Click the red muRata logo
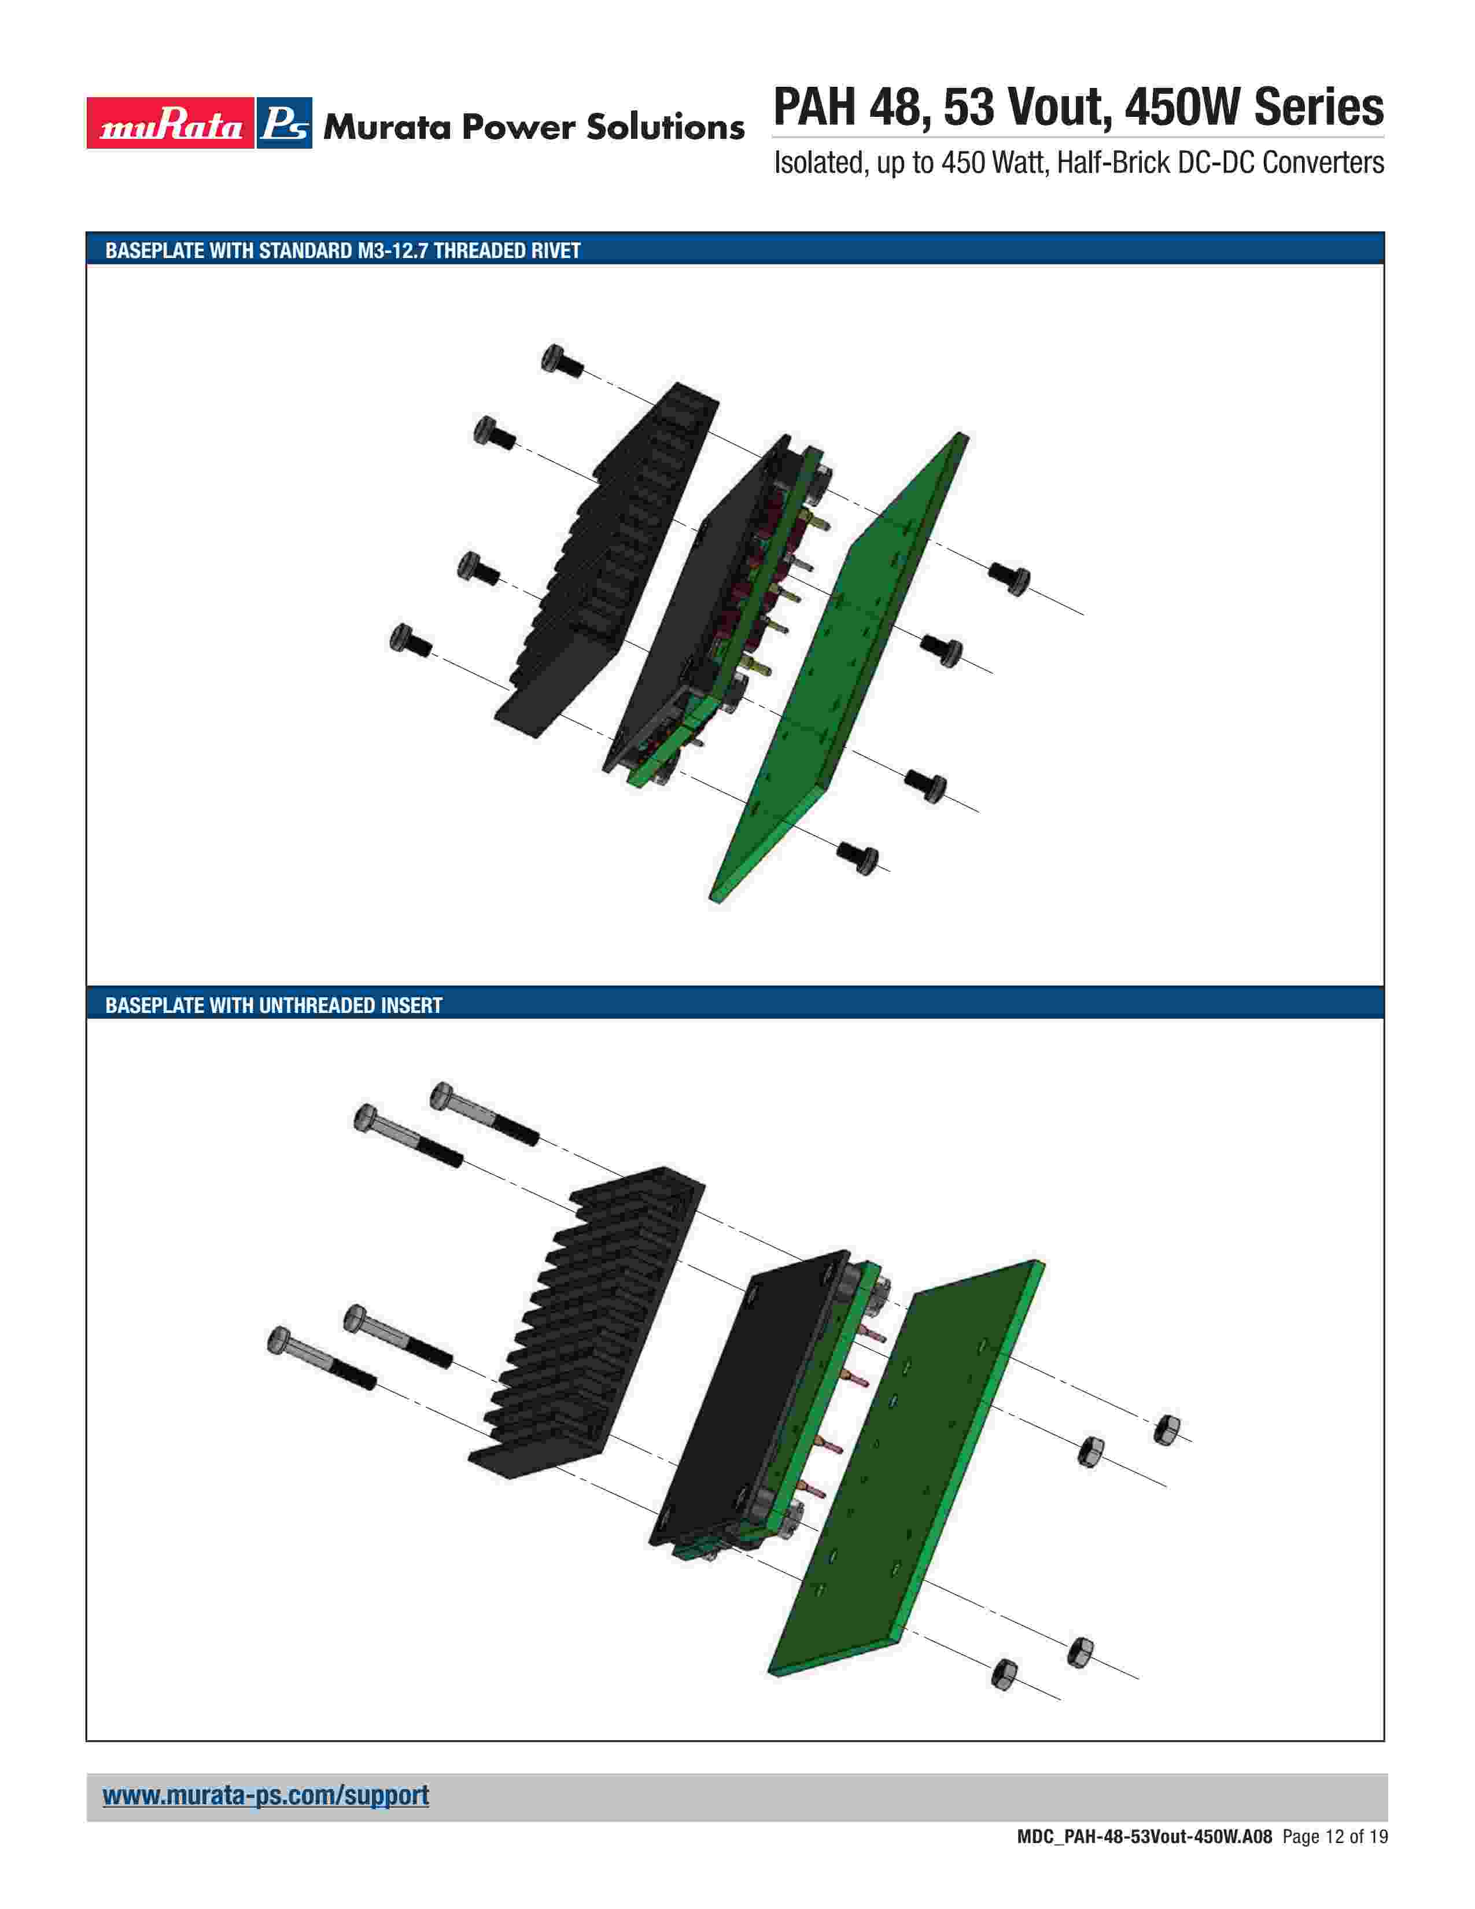point(169,123)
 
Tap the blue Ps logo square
point(284,123)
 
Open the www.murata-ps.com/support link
point(265,1796)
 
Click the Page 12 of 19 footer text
point(1334,1862)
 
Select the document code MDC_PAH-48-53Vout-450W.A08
point(1145,1862)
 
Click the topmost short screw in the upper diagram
point(562,361)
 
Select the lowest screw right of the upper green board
point(858,857)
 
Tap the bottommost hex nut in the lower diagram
point(1005,1674)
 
